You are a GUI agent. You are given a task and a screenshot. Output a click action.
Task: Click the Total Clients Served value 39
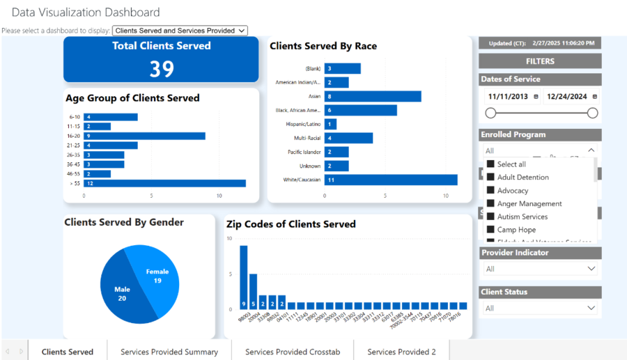[162, 68]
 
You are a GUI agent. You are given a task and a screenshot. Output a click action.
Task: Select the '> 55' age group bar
[165, 183]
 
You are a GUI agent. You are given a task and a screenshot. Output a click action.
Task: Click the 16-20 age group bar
[145, 136]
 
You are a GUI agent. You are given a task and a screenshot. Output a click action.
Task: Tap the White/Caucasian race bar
[391, 180]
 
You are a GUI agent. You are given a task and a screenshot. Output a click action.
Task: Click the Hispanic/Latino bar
[331, 124]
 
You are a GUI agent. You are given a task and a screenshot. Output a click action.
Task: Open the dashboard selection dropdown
[180, 31]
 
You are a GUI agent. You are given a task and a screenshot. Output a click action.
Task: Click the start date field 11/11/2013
[508, 97]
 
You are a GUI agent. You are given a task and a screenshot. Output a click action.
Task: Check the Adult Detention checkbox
[490, 178]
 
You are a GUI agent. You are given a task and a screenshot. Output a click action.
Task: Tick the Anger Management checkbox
[490, 203]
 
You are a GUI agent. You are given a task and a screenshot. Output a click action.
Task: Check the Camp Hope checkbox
[490, 230]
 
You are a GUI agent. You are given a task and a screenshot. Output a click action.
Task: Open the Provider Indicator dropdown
[540, 269]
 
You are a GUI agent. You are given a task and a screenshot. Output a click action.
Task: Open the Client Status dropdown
[540, 308]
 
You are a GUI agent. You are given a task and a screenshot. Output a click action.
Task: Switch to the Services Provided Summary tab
[169, 352]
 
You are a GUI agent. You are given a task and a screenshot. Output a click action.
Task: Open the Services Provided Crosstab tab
[293, 352]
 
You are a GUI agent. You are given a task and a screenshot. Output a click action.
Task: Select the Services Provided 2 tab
[401, 352]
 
